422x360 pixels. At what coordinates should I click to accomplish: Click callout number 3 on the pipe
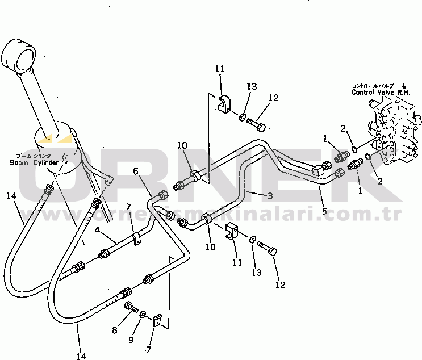(270, 196)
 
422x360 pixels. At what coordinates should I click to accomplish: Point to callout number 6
(136, 171)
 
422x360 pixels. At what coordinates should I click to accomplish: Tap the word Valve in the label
(388, 92)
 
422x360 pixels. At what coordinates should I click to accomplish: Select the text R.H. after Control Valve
(404, 92)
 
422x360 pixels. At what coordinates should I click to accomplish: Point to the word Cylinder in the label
(45, 163)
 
